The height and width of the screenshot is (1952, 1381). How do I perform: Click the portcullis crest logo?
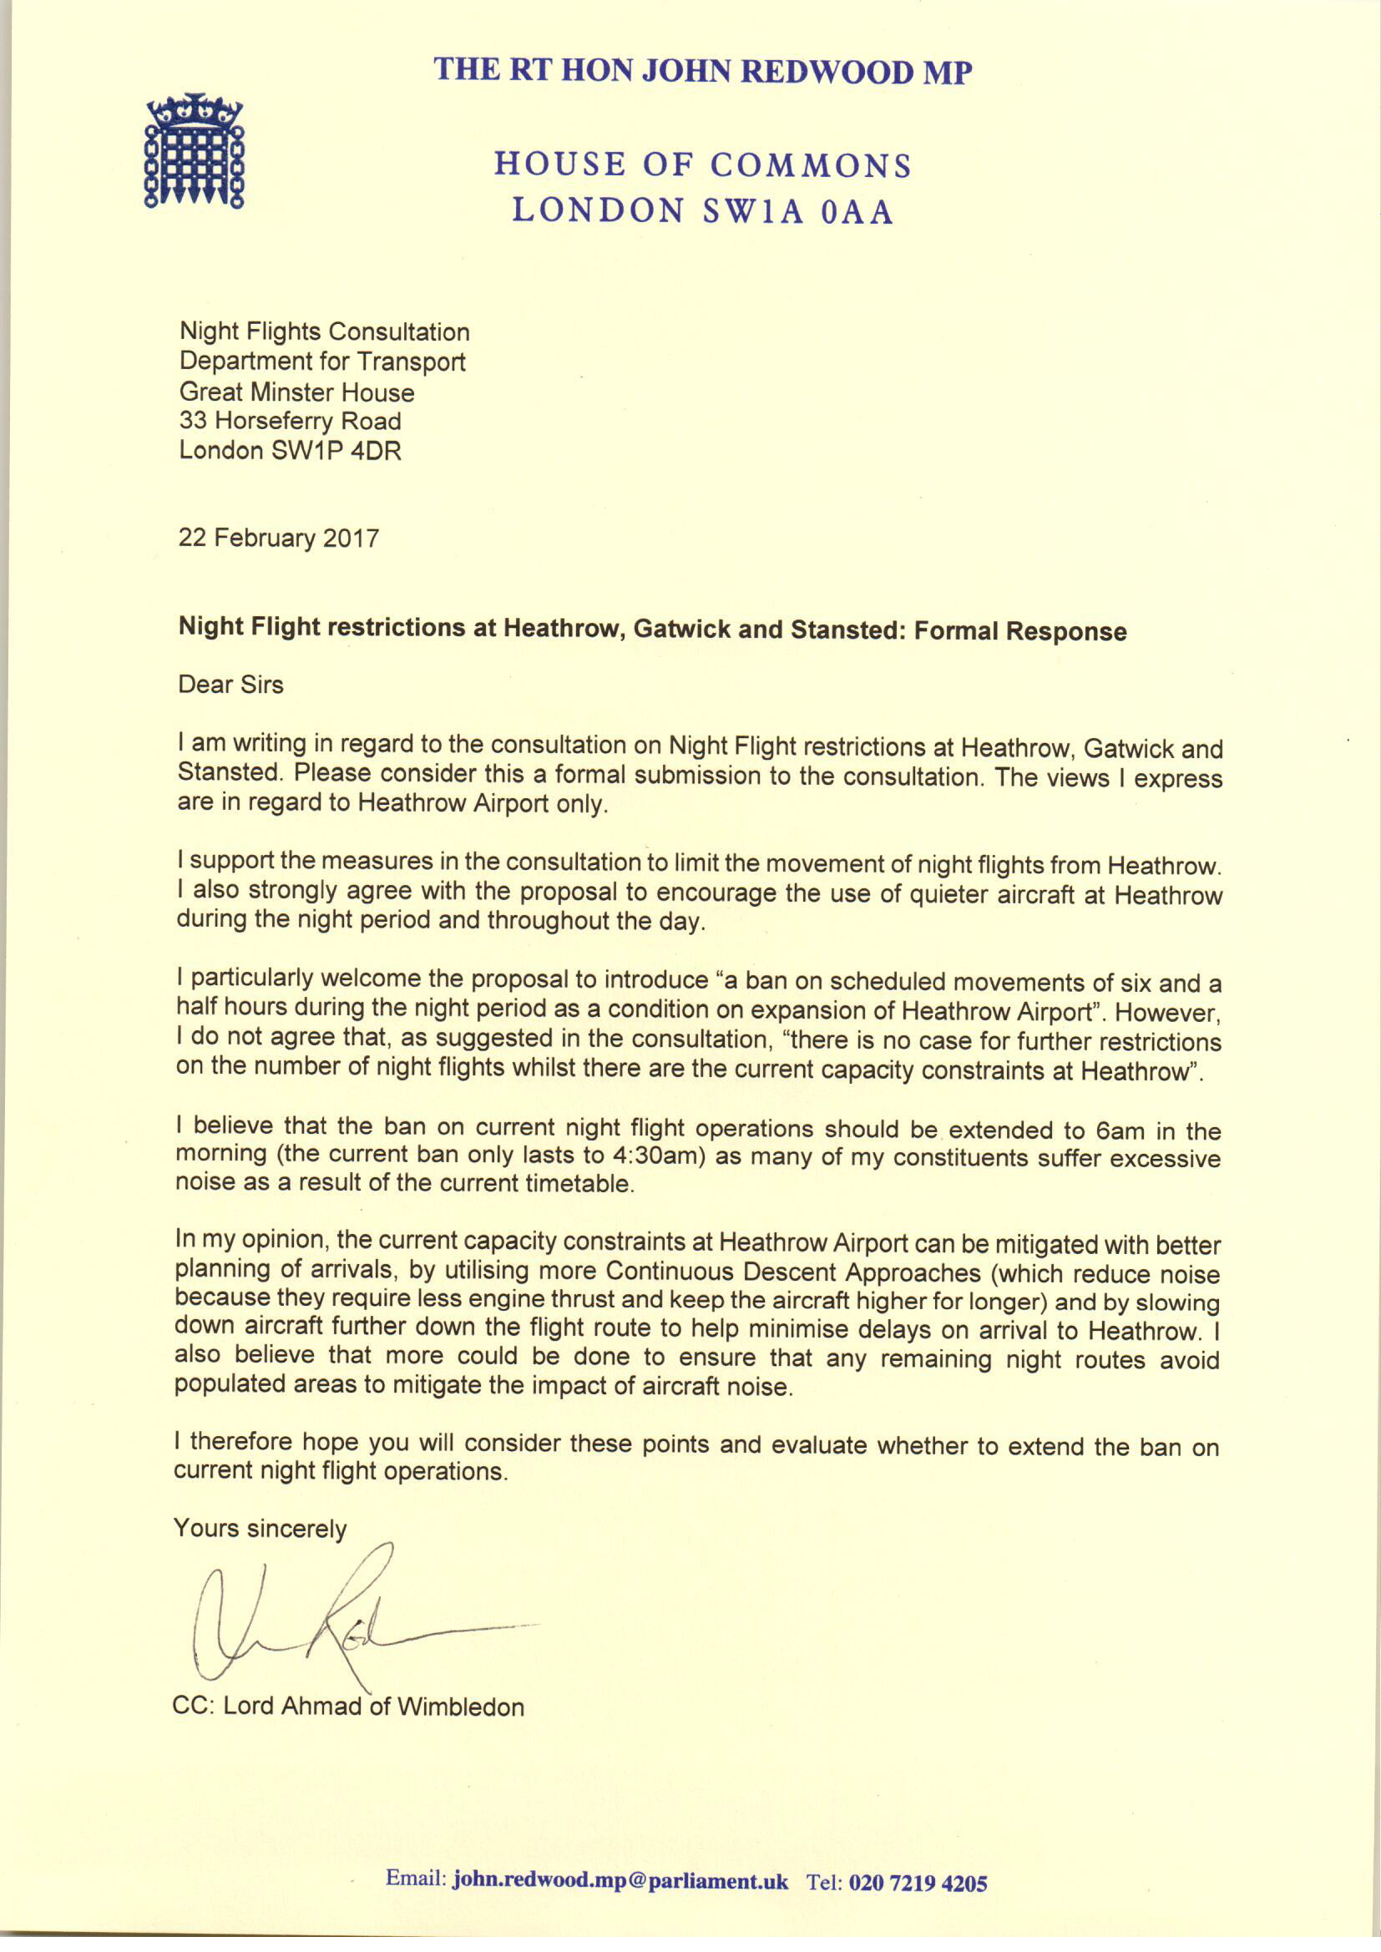[195, 151]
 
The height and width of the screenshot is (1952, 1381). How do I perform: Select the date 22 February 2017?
[278, 539]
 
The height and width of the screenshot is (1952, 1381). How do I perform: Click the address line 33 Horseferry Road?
[290, 421]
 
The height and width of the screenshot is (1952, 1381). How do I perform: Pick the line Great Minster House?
[296, 392]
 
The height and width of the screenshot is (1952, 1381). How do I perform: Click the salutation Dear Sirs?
[230, 685]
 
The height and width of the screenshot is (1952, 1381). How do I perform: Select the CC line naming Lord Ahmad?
[349, 1707]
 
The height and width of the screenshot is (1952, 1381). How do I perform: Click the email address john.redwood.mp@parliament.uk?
[620, 1880]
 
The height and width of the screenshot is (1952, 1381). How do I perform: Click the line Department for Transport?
[322, 362]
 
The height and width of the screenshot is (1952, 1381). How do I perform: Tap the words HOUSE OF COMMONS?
[702, 164]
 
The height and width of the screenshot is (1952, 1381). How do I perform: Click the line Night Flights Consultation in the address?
[324, 331]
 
